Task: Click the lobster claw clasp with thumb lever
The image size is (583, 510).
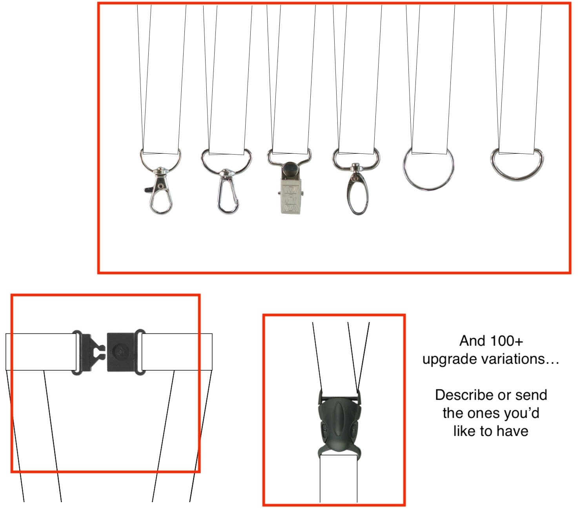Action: click(160, 192)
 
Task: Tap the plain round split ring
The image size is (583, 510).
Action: click(428, 169)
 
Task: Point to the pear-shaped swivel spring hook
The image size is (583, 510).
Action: click(228, 192)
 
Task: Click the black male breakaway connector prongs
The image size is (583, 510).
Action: click(93, 352)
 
